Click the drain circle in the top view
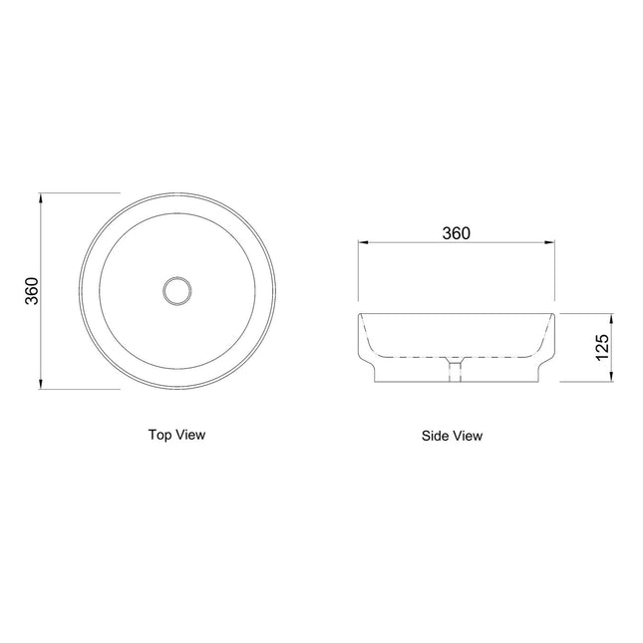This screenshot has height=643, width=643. click(176, 276)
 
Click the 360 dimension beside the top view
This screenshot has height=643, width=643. click(32, 291)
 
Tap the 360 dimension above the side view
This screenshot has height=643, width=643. click(456, 233)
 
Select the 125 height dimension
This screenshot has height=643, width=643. click(602, 347)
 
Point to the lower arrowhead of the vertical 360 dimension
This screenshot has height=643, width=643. click(40, 384)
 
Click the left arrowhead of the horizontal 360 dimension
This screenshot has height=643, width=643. click(364, 242)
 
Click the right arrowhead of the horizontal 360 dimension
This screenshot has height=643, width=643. click(549, 242)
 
